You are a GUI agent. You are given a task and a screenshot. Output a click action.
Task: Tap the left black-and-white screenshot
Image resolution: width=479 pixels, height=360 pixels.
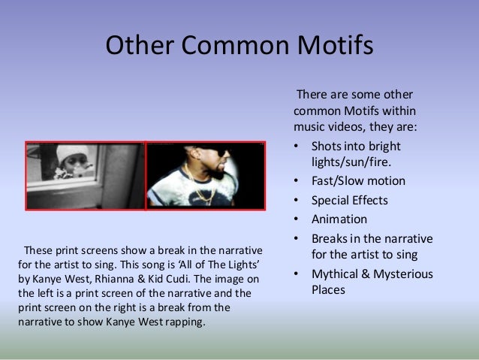pyautogui.click(x=85, y=176)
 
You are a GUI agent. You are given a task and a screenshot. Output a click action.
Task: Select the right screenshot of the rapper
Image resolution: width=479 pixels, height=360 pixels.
pyautogui.click(x=205, y=176)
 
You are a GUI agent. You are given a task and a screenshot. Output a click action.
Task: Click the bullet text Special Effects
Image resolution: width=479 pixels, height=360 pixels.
pyautogui.click(x=350, y=200)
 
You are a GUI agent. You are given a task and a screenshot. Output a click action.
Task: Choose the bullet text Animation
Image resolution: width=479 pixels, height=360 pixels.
pyautogui.click(x=339, y=219)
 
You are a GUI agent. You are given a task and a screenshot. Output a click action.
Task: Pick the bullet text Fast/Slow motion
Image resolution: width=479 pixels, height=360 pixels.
pyautogui.click(x=358, y=180)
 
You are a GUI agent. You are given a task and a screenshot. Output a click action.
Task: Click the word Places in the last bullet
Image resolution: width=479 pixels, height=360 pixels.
pyautogui.click(x=328, y=289)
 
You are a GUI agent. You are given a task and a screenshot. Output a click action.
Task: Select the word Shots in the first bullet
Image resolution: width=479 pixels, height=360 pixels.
pyautogui.click(x=327, y=146)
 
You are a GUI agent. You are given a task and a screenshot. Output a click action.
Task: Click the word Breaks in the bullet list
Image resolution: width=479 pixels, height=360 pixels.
pyautogui.click(x=330, y=238)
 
